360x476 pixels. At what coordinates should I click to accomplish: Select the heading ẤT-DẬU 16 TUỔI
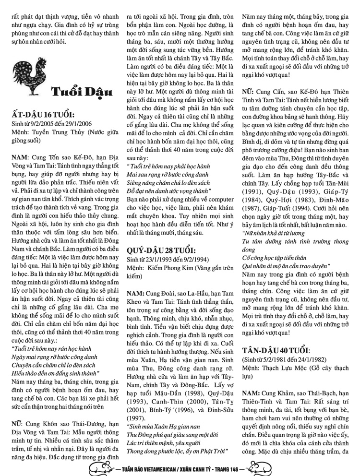tap(43, 116)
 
